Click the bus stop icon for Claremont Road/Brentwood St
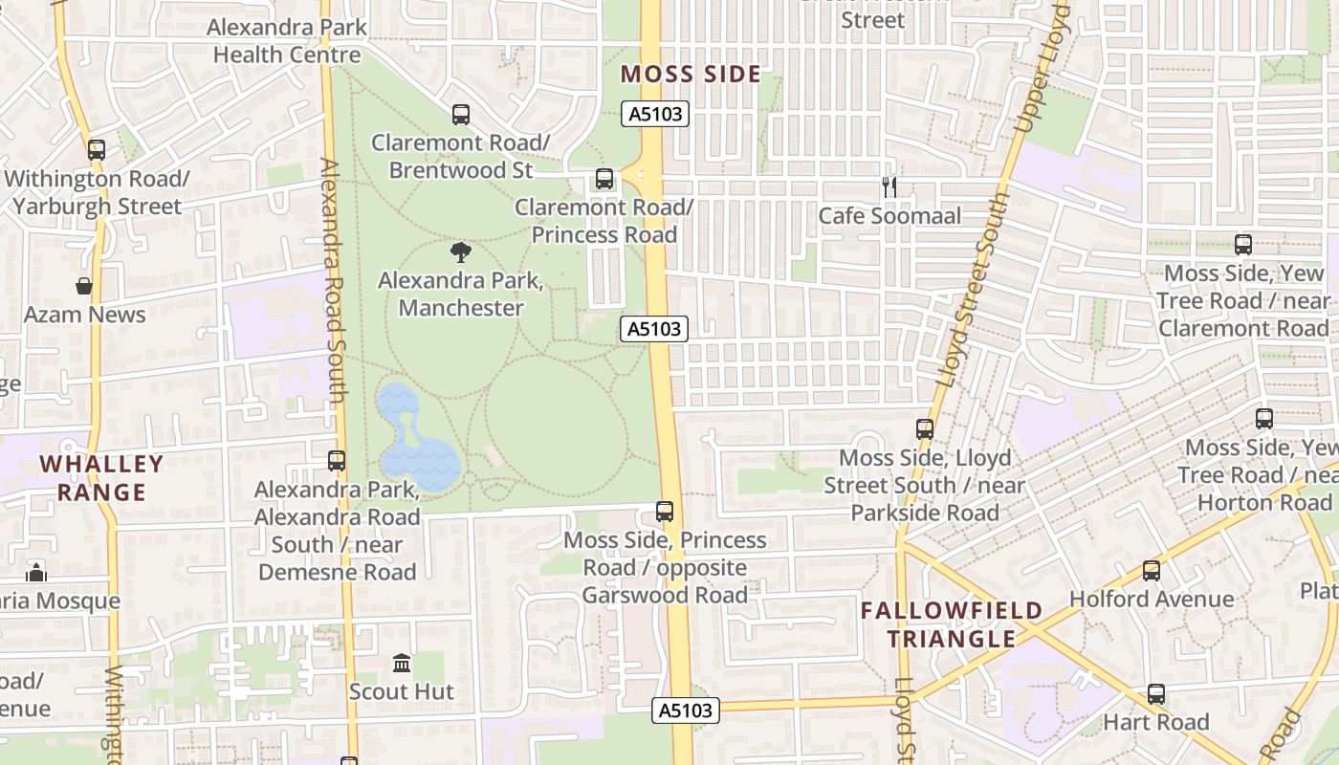460,115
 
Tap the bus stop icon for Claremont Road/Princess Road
604,179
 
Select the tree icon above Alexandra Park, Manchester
461,253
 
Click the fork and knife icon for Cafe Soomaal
889,187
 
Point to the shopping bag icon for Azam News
84,286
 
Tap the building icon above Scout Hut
402,663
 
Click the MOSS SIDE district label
691,75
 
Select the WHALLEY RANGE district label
100,478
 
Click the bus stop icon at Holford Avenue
1152,571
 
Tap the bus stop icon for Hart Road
1156,694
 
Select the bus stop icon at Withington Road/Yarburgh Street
96,150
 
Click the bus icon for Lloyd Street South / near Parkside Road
924,429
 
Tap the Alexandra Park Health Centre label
287,41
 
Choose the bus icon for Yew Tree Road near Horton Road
1263,419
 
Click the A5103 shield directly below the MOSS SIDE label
655,115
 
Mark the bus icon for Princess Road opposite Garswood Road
665,512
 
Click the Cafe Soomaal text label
889,216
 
